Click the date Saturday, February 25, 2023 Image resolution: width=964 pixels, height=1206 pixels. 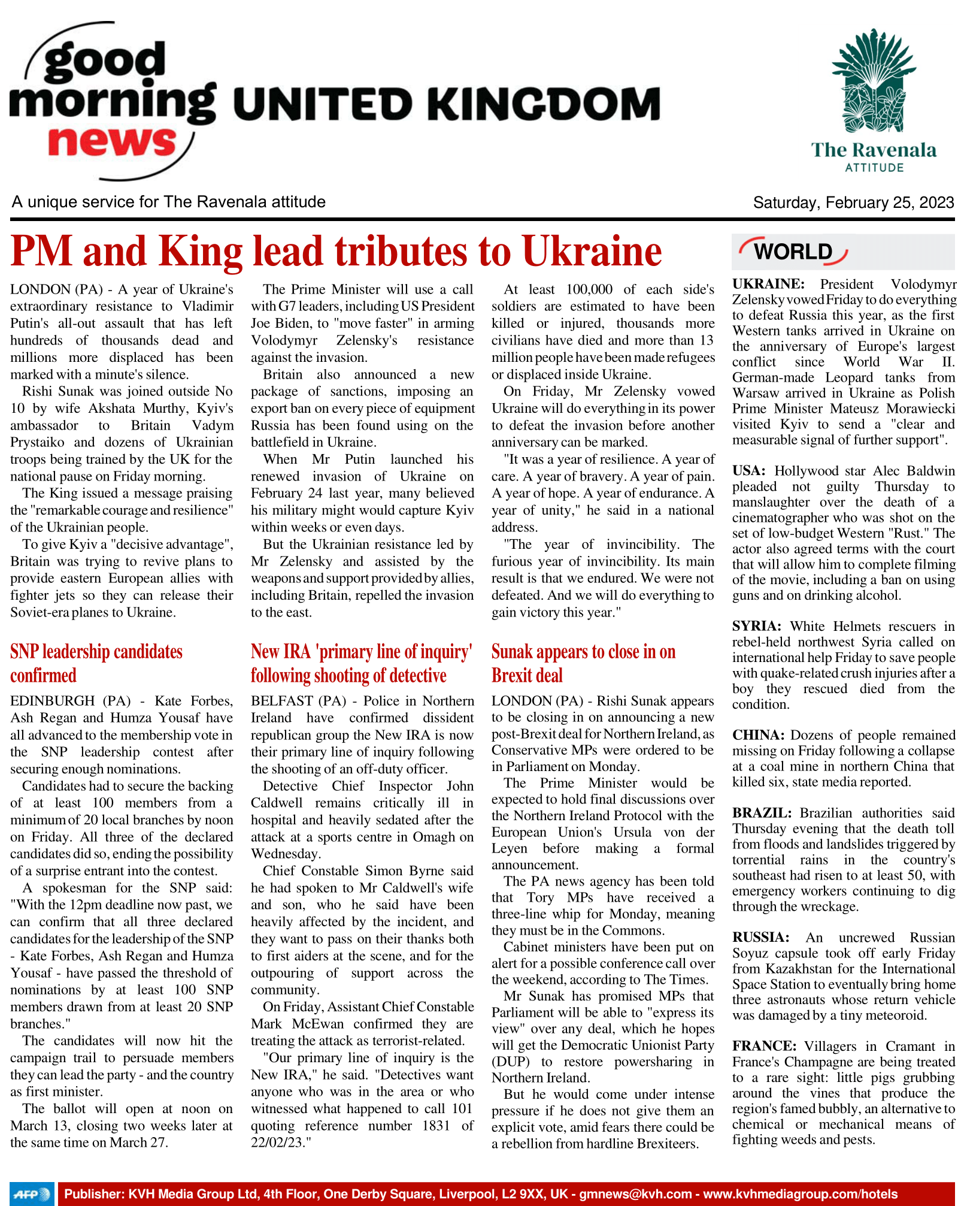(x=853, y=202)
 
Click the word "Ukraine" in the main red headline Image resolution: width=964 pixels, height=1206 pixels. (x=592, y=251)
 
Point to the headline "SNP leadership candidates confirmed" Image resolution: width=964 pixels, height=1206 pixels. (x=96, y=663)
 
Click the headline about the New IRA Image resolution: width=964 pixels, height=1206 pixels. (x=361, y=663)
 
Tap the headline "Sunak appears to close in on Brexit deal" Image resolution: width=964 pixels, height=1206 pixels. (x=583, y=663)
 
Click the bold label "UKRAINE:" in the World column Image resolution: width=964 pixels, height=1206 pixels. (x=768, y=284)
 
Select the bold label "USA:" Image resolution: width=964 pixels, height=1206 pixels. (x=748, y=471)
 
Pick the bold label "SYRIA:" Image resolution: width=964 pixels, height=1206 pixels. (x=756, y=626)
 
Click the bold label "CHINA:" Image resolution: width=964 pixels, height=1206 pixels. (x=758, y=735)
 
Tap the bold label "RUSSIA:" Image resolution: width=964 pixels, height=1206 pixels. (x=760, y=938)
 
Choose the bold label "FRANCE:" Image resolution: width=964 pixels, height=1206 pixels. (x=764, y=1046)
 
